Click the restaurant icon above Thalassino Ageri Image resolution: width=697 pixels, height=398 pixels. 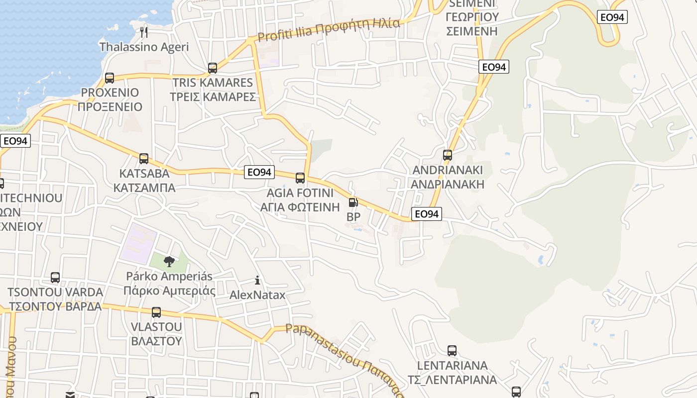click(x=144, y=32)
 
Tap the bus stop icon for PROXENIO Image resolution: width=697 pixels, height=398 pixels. click(x=110, y=78)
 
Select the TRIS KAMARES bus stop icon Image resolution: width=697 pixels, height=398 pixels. click(x=213, y=68)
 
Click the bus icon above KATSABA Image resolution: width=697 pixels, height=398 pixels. click(x=144, y=159)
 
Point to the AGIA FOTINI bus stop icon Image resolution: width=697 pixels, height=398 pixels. click(x=300, y=178)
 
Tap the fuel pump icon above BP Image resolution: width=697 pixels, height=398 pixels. click(x=353, y=202)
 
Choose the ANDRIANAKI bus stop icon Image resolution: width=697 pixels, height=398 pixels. click(x=448, y=155)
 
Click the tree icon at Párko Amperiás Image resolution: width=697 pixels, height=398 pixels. click(x=169, y=261)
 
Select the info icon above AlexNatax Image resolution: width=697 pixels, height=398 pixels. click(x=257, y=281)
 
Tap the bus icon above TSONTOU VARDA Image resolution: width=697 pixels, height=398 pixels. click(x=55, y=278)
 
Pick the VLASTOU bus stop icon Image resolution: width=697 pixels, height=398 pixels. click(x=156, y=312)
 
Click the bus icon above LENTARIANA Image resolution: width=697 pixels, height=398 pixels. click(x=452, y=351)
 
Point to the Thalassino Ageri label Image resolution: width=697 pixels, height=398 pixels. click(x=144, y=47)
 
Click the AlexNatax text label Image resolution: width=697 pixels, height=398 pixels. click(x=257, y=295)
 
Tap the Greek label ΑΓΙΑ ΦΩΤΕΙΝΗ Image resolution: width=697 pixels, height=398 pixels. click(x=300, y=206)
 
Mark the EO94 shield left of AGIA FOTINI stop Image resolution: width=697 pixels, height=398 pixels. click(x=260, y=172)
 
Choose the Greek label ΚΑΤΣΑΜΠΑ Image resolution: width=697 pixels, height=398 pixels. click(x=144, y=188)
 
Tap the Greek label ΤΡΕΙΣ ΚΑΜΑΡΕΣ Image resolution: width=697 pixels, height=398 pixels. click(x=213, y=97)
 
